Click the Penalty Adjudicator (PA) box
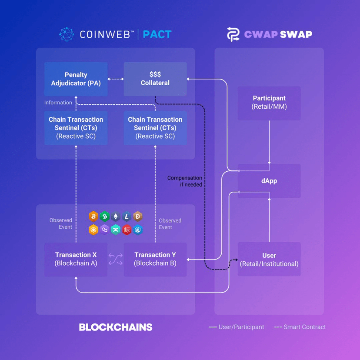tap(76, 79)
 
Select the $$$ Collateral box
tap(155, 79)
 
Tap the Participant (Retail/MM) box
tap(269, 103)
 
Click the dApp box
tap(269, 181)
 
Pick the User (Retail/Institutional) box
tap(269, 259)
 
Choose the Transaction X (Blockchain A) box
tap(76, 259)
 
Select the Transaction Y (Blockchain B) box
tap(155, 259)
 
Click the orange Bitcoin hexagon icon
tap(93, 217)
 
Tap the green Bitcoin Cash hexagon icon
tap(104, 217)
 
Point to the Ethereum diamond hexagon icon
tap(116, 217)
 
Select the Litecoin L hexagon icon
tap(127, 217)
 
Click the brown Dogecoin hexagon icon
tap(138, 217)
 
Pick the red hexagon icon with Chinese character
tap(127, 230)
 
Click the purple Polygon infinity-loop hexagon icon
tap(104, 230)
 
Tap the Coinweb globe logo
tap(67, 34)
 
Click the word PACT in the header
tap(157, 34)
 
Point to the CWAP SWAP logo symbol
tap(233, 34)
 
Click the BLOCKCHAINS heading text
tap(116, 327)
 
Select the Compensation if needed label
tap(185, 181)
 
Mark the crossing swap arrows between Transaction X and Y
tap(116, 260)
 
